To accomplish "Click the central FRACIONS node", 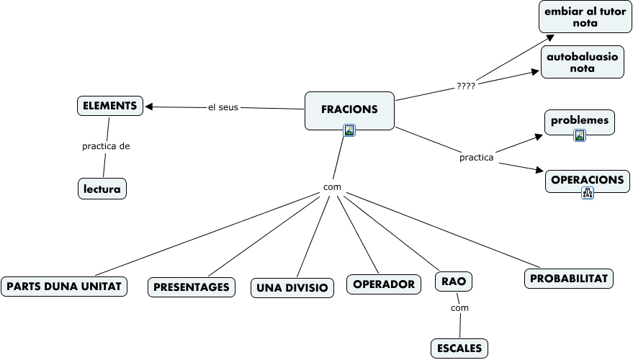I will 349,109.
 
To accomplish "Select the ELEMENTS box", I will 110,106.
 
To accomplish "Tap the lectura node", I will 102,189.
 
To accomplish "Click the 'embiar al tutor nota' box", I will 585,17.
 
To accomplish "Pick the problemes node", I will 580,121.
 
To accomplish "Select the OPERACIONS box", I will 588,180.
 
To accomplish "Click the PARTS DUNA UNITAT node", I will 64,286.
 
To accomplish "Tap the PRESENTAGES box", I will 192,287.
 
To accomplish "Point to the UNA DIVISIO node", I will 292,288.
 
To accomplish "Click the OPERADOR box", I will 384,284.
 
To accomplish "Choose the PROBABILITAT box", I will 569,279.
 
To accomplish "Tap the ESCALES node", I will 459,348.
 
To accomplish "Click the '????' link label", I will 466,86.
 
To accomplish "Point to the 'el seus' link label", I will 223,108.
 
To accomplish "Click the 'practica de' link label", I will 106,146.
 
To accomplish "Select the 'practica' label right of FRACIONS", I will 477,156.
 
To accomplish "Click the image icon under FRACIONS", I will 349,130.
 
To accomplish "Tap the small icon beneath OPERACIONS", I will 588,192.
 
